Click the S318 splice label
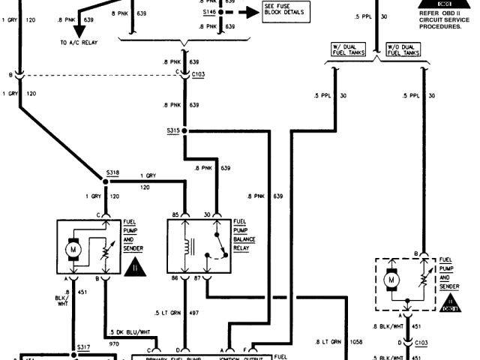[x=112, y=172]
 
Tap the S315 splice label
[x=174, y=130]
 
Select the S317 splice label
[x=83, y=346]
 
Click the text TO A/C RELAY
[x=79, y=43]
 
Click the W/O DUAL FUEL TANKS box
[x=403, y=51]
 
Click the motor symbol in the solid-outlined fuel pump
[x=73, y=246]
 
